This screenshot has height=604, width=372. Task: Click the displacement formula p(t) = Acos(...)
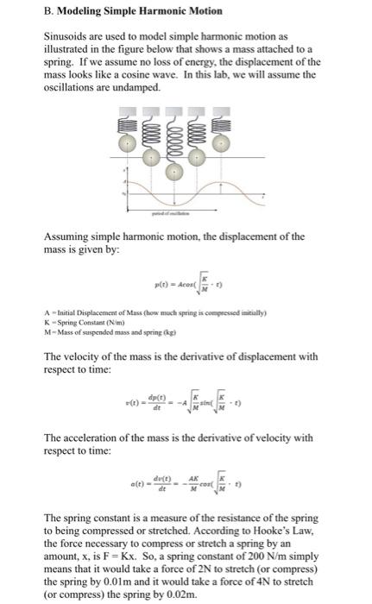[173, 283]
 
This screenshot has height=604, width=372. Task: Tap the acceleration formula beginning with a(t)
[173, 485]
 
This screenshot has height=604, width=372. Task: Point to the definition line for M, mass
[95, 325]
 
